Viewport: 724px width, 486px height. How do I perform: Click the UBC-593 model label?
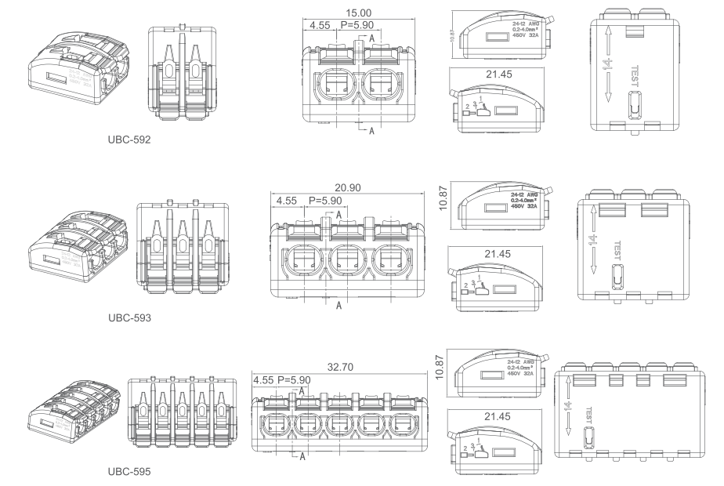pos(131,320)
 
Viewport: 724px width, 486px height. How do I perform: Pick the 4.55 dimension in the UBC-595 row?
pos(264,380)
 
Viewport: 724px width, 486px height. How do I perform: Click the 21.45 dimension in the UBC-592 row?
pos(502,73)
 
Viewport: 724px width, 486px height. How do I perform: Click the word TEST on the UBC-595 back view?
pos(585,413)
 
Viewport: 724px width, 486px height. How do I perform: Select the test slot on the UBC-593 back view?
pos(616,280)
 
